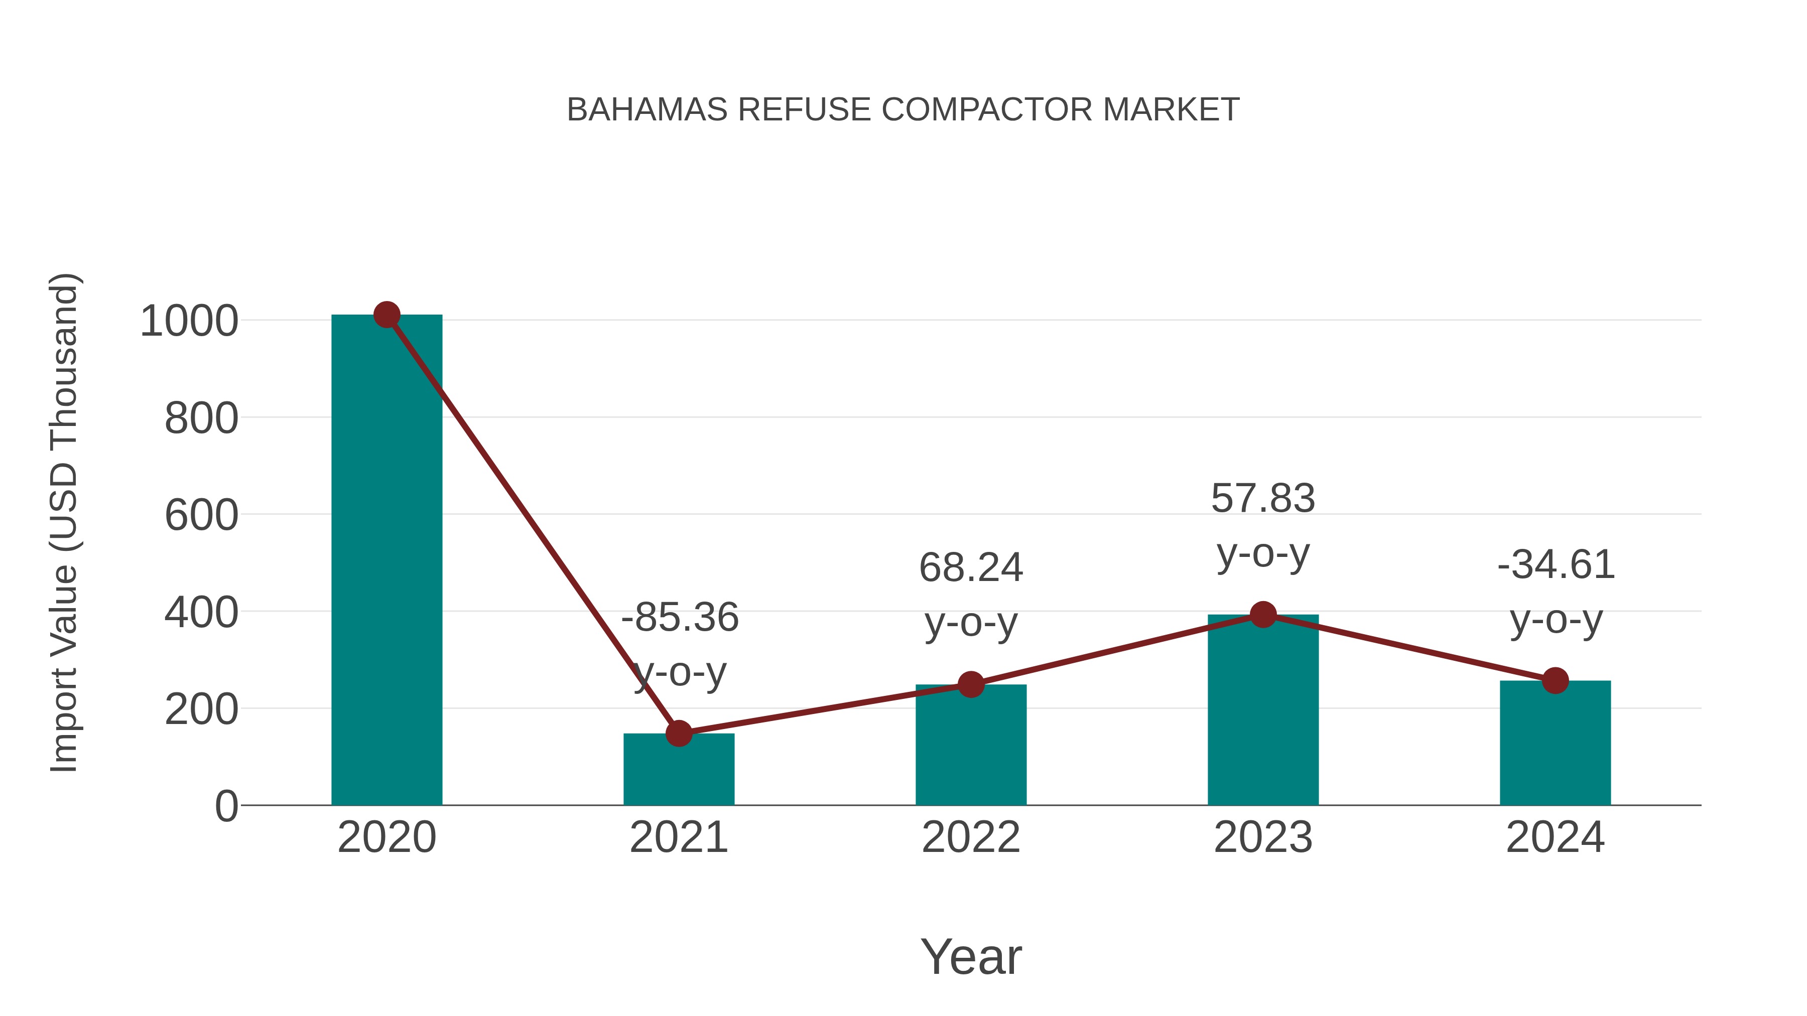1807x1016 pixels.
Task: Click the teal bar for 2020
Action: tap(386, 561)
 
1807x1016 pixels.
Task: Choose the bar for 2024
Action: tap(1555, 743)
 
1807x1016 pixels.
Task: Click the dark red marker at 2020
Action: tap(386, 315)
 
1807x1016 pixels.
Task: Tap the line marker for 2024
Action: tap(1555, 680)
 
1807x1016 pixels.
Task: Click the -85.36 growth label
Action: tap(680, 618)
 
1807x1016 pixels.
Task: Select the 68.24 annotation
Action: tap(971, 567)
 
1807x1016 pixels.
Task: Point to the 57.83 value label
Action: tap(1263, 499)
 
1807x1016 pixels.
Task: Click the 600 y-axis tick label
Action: tap(201, 516)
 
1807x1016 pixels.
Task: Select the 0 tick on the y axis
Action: tap(226, 806)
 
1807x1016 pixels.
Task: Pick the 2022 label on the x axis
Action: tap(971, 837)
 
